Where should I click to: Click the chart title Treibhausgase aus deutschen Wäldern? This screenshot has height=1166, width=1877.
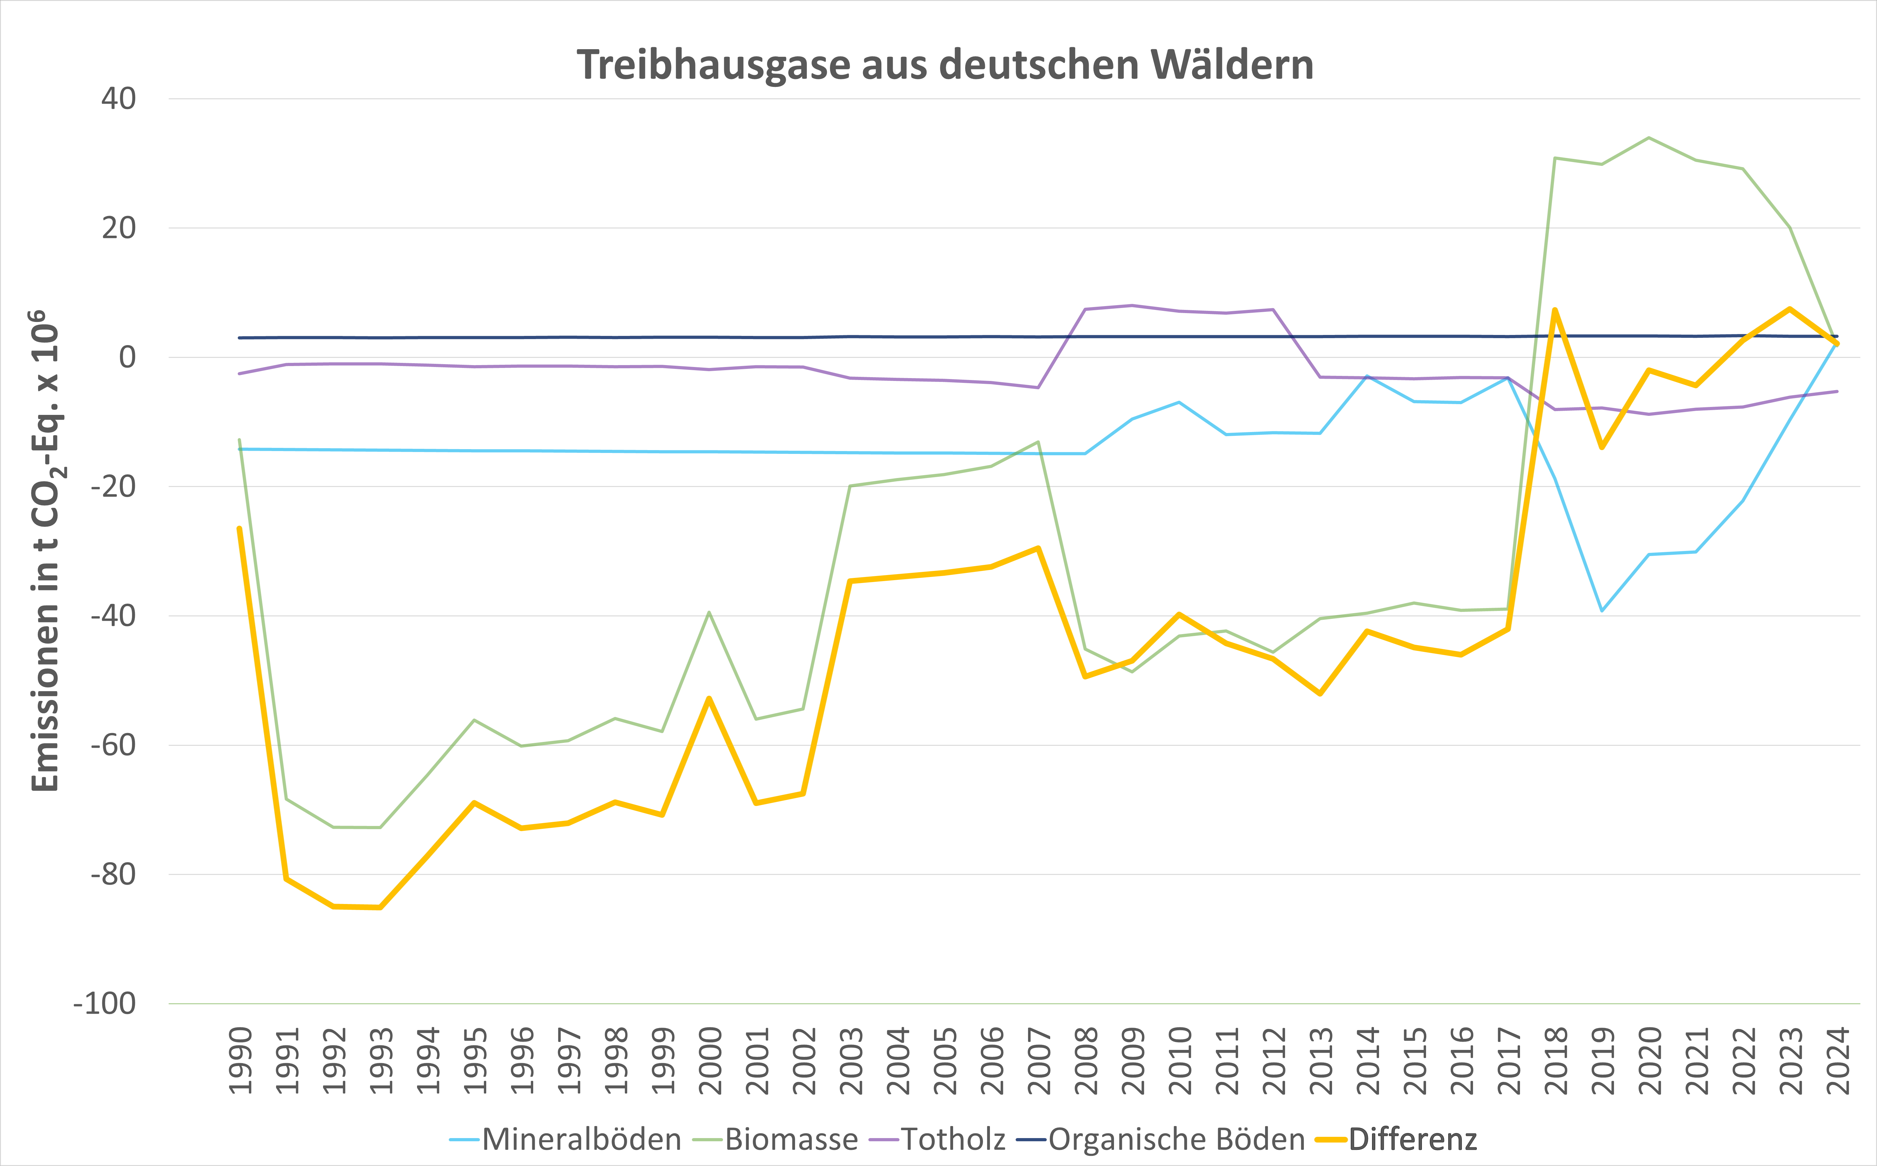945,65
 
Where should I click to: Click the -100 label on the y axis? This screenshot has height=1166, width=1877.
105,1004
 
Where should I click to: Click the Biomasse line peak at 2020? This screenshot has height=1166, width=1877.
1648,138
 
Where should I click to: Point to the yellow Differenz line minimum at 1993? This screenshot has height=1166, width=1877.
380,908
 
